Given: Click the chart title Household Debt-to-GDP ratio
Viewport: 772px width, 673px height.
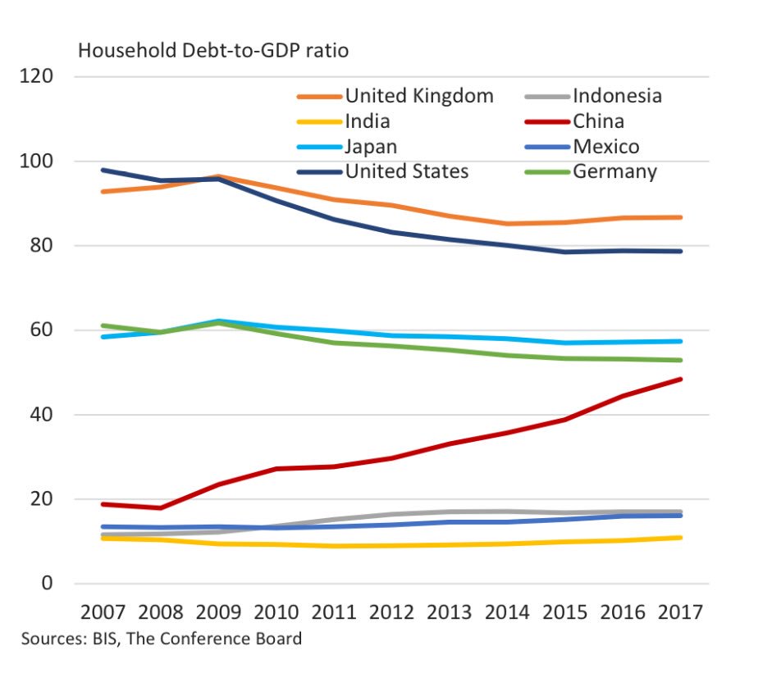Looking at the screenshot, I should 213,51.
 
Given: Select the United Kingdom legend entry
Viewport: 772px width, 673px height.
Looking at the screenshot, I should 419,96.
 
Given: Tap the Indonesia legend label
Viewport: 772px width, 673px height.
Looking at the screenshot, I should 617,96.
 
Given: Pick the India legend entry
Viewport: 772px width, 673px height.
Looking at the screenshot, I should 368,121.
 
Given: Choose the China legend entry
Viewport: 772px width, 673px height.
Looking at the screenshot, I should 598,121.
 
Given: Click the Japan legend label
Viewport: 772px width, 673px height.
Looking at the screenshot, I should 371,147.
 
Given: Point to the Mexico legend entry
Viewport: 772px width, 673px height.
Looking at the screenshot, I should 606,147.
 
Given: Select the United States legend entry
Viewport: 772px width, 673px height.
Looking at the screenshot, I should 407,171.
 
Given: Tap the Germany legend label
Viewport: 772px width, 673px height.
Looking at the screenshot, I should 615,171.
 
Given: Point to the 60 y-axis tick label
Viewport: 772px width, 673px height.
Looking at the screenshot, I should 42,330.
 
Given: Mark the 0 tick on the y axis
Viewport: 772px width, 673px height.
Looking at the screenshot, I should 48,584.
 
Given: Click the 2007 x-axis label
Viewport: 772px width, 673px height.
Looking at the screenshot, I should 105,612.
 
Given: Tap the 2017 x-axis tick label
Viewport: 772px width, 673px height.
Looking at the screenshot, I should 680,612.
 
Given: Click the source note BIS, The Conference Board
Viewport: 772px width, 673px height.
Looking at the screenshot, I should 162,639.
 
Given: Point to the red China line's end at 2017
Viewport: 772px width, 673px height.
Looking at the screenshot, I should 680,379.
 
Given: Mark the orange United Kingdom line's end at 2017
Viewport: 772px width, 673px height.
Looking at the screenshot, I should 680,217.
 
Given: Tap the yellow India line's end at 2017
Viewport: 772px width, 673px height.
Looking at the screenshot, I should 680,538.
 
